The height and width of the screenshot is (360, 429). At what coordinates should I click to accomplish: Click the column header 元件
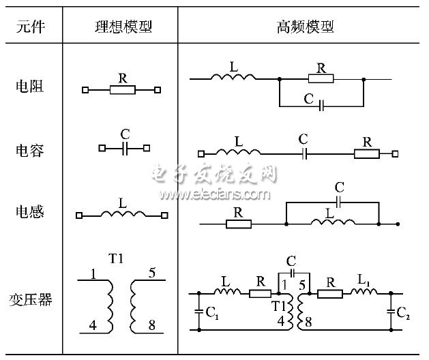tap(29, 27)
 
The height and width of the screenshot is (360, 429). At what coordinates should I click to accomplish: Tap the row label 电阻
tap(29, 87)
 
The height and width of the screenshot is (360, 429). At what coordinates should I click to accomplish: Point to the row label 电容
tap(29, 149)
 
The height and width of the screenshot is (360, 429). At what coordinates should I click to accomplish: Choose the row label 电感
tap(29, 212)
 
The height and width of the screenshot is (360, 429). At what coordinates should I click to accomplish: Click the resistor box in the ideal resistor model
tap(122, 89)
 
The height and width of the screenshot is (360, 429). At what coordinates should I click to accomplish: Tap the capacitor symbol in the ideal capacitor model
tap(125, 147)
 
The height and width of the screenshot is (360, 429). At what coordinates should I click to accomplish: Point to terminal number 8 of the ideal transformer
tap(151, 325)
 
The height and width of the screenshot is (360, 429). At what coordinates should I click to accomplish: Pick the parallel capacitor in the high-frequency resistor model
tap(321, 106)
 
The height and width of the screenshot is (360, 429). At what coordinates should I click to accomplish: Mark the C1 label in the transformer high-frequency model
tap(211, 314)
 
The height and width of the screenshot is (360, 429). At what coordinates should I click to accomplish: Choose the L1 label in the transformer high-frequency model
tap(364, 281)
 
